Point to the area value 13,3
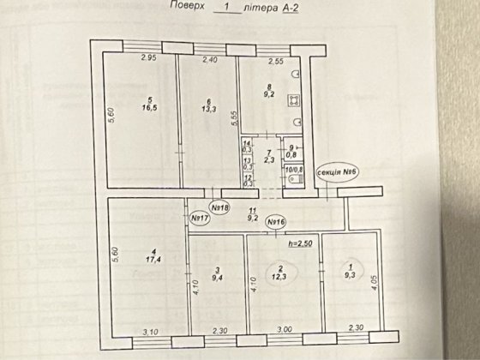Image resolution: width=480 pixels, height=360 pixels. (209, 109)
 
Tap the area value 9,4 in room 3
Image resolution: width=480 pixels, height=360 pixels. (219, 278)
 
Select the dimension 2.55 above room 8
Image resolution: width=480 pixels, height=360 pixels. (275, 61)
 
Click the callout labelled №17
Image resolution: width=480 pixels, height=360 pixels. (201, 219)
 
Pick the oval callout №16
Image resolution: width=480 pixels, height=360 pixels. (274, 223)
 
